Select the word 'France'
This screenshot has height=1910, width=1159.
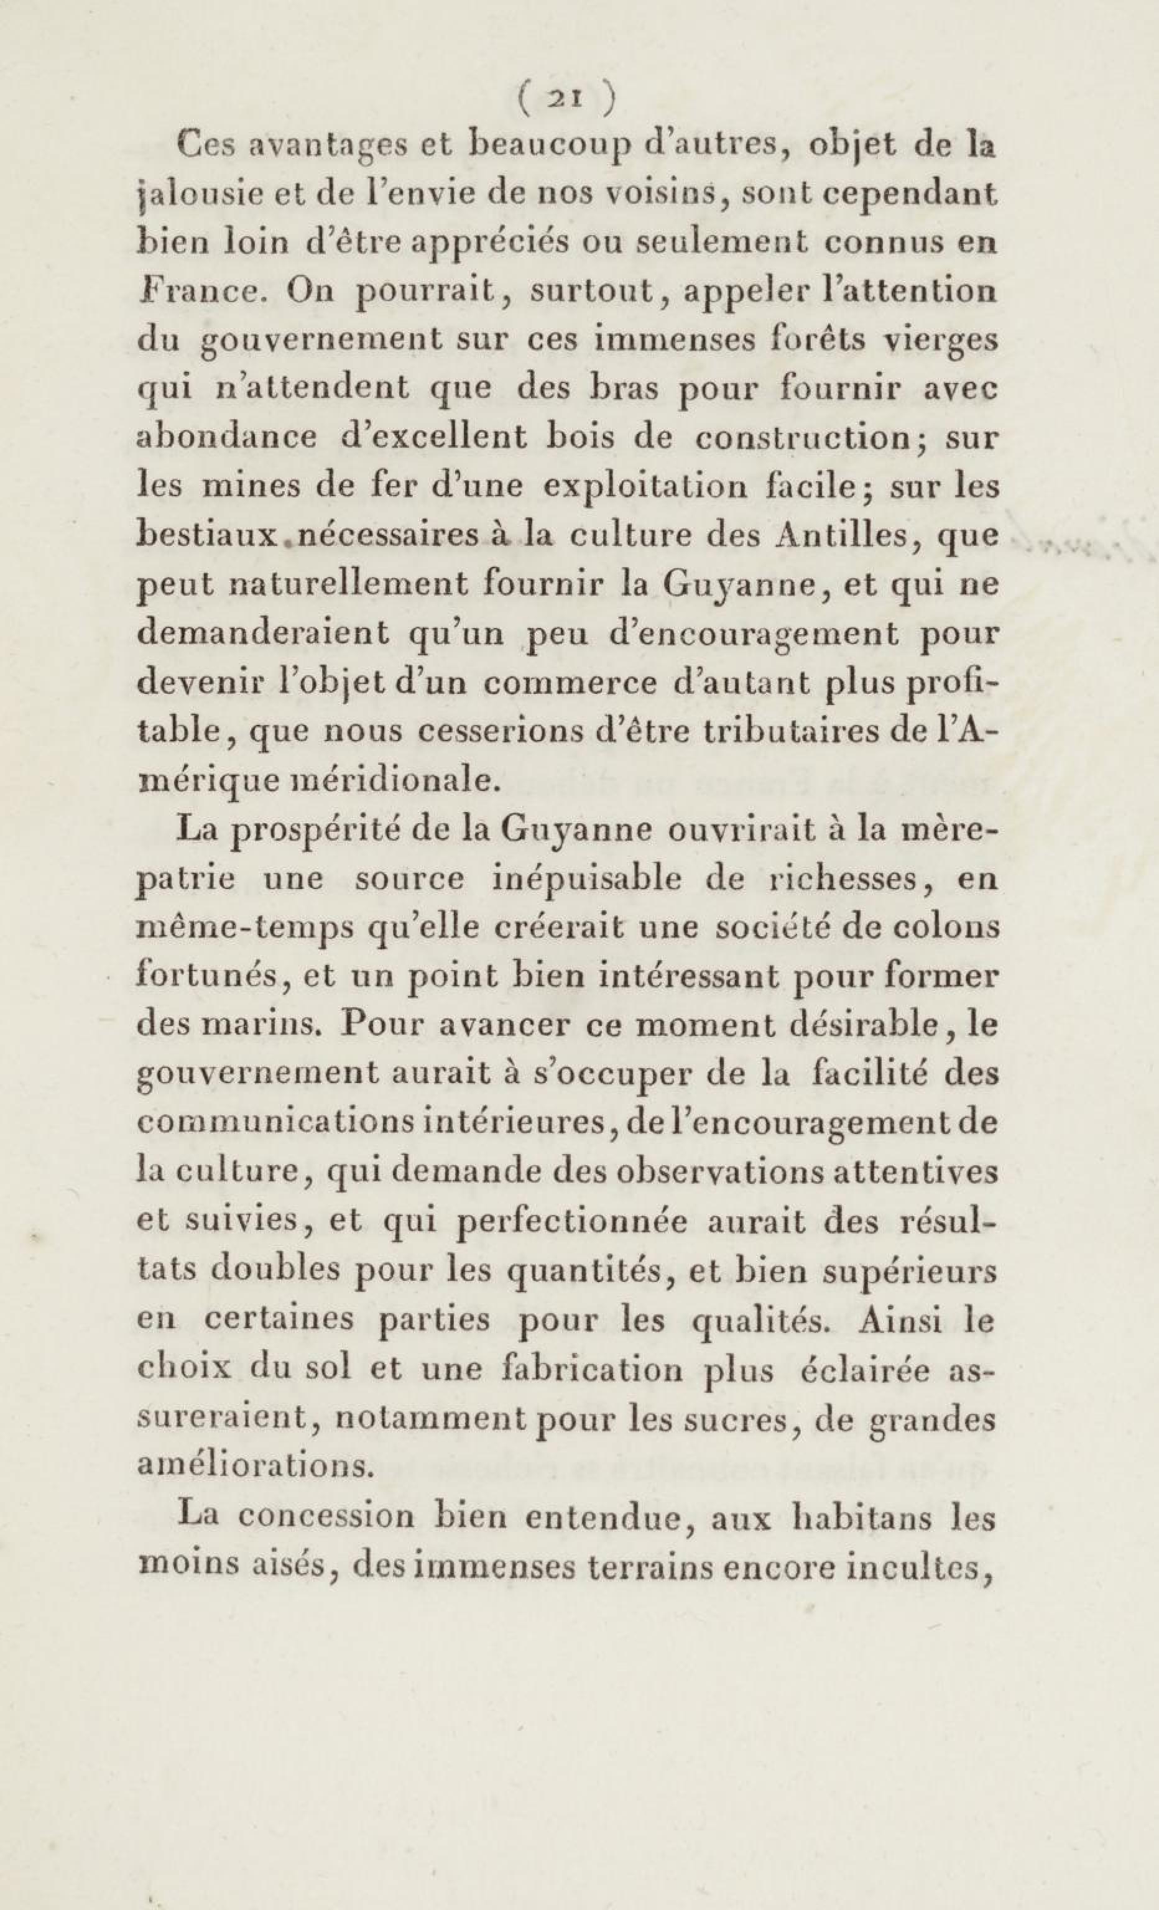click(202, 291)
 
